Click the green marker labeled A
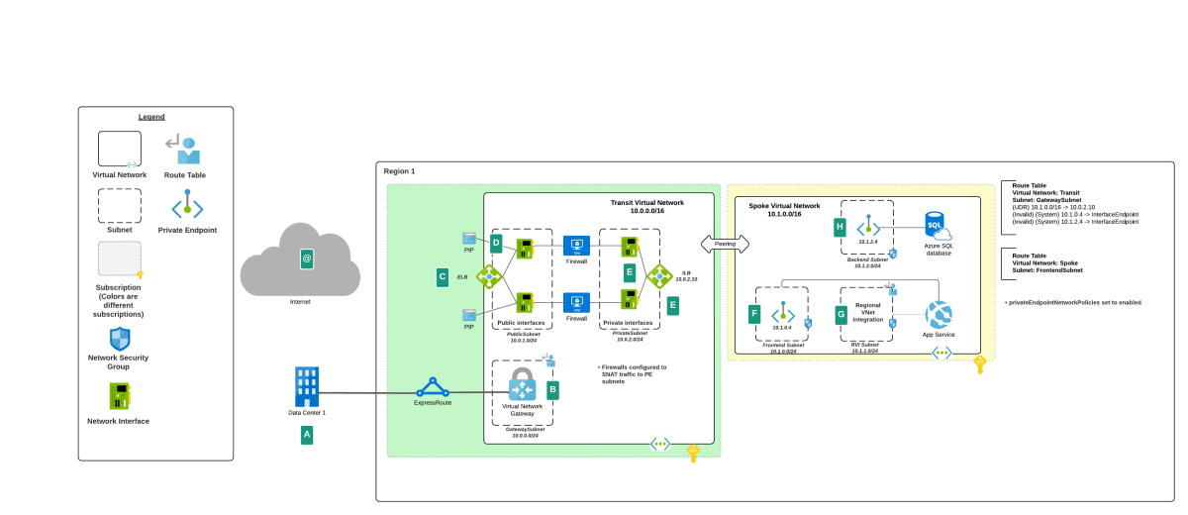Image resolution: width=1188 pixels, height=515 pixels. (307, 434)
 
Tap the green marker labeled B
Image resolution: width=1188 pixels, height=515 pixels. (552, 390)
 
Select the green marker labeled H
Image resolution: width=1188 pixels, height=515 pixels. (840, 228)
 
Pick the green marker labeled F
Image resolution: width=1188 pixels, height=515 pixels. (755, 315)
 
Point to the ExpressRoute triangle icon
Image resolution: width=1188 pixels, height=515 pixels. (432, 387)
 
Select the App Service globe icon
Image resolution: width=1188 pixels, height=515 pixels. (939, 315)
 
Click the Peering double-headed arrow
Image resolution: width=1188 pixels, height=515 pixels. (725, 243)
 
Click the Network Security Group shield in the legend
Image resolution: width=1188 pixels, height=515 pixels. (119, 339)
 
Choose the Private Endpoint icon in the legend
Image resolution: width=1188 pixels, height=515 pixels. (187, 207)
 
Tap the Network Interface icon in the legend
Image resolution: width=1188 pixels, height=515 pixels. (119, 397)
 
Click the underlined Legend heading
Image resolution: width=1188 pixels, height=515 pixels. (151, 117)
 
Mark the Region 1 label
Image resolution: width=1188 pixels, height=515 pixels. (399, 171)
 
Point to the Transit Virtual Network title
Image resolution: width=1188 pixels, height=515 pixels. (646, 206)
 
